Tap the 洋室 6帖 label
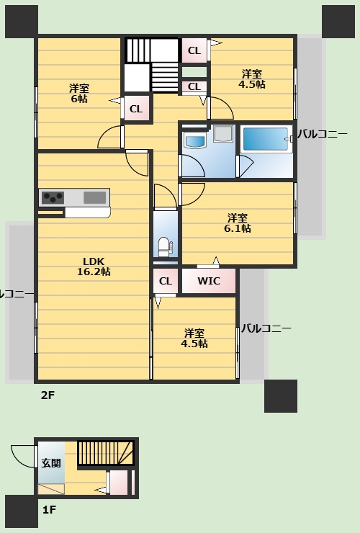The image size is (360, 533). coord(79,93)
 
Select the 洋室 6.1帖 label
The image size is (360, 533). coord(238,223)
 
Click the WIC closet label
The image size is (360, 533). coord(209,281)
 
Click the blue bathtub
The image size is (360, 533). coord(266,138)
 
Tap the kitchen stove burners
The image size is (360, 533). coord(53,197)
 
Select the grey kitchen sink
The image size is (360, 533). coord(94,197)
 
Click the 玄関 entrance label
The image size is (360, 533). coord(50,463)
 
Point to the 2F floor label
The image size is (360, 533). coord(48,395)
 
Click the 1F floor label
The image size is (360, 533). coord(49,510)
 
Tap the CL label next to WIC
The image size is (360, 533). coord(165,281)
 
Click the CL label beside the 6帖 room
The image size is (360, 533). coord(135,109)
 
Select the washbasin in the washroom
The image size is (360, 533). coord(195,140)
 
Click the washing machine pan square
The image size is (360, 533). coord(223,133)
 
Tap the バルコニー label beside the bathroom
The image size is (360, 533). coord(327,133)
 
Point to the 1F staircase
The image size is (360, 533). coord(107,452)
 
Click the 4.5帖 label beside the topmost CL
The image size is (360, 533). coord(252,79)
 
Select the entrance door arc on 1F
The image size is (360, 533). coord(22,456)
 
